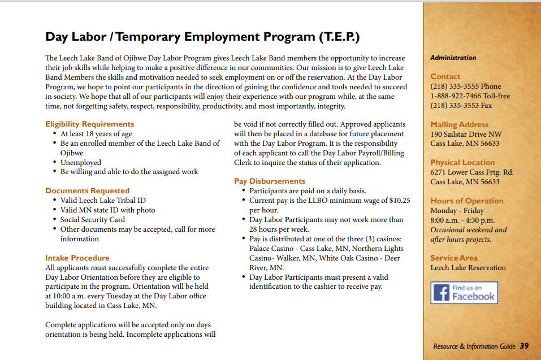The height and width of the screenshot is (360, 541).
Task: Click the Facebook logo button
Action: pos(464,292)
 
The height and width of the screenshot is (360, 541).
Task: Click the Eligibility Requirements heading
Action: pos(89,124)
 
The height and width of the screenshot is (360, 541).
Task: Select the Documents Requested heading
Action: pos(87,190)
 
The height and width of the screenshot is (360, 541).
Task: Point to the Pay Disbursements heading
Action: pos(270,181)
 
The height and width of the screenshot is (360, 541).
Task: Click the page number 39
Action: pos(524,346)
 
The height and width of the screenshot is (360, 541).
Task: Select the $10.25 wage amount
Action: pos(400,201)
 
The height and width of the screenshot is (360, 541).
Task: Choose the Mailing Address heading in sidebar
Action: pos(459,124)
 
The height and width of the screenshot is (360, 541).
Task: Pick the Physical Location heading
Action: pos(462,162)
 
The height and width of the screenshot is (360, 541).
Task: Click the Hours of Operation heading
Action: pos(466,201)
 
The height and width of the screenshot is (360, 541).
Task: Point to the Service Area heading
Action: pos(453,258)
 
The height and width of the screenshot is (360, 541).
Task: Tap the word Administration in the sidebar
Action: pos(453,58)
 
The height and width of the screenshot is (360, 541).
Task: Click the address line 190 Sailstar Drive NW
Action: pos(466,135)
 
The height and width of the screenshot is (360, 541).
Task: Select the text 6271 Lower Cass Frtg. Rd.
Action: pos(471,172)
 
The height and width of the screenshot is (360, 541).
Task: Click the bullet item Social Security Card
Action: pos(93,220)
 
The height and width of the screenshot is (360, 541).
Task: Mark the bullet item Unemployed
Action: pos(81,162)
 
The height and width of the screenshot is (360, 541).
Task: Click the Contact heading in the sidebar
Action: pos(445,76)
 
